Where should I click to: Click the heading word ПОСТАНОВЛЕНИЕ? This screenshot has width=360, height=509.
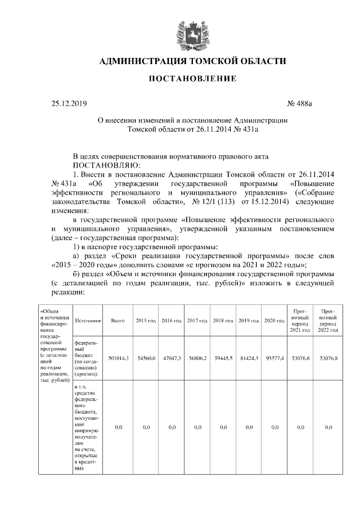(x=192, y=79)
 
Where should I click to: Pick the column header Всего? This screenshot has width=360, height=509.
(x=118, y=321)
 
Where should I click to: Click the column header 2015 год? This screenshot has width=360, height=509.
(x=146, y=321)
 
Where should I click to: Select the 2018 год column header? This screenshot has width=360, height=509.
(x=223, y=321)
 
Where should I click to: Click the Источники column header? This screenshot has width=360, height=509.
(x=87, y=321)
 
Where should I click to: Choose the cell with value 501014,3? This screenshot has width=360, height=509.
(x=119, y=358)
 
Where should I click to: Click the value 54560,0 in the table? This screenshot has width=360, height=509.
(x=146, y=358)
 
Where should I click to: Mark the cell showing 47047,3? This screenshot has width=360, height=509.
(x=172, y=358)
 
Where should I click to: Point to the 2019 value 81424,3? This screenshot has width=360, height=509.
(x=249, y=358)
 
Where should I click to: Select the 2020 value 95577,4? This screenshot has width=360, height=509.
(x=274, y=358)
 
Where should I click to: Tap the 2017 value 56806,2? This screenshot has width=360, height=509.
(x=197, y=358)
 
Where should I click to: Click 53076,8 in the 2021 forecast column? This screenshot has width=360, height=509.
(x=300, y=358)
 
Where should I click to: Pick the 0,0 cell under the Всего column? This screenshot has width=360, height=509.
(x=119, y=428)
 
